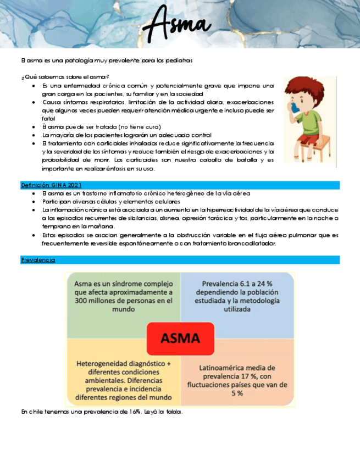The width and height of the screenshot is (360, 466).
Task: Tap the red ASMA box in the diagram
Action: pyautogui.click(x=180, y=338)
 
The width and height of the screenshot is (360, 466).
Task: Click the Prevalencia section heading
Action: pyautogui.click(x=38, y=259)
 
